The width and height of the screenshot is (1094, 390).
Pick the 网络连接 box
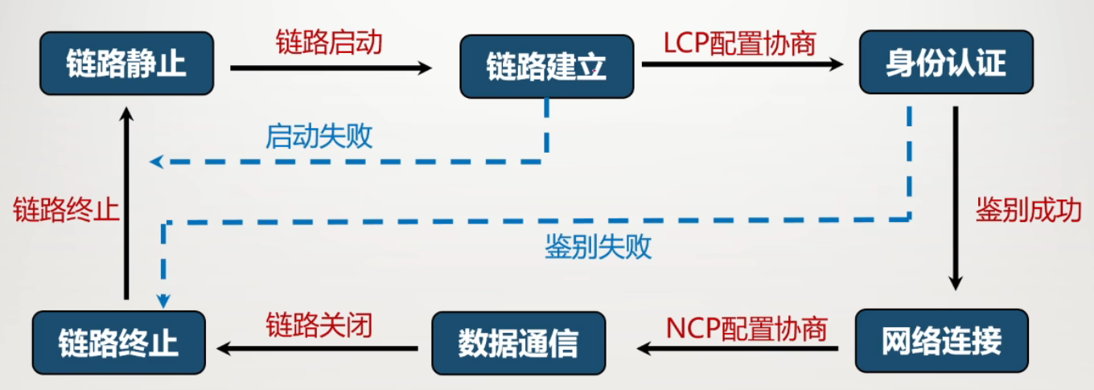941,341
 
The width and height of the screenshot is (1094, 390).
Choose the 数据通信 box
518,343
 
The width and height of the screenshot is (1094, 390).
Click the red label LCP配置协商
739,43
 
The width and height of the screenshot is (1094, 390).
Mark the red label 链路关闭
319,324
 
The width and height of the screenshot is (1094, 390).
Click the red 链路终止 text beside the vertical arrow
66,211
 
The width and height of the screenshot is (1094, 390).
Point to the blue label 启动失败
319,137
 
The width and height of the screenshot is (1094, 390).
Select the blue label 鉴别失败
598,247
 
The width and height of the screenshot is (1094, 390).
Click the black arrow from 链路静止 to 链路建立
331,68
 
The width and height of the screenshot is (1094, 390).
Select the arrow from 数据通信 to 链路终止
319,348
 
